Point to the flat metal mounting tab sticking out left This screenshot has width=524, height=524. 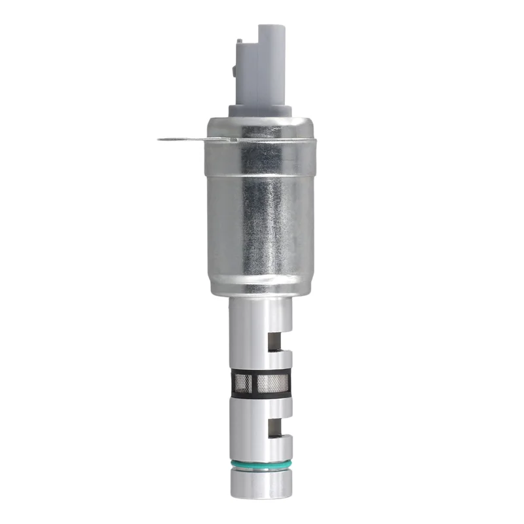(190, 138)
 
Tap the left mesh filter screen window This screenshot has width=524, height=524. (244, 384)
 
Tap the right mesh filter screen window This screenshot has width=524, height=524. (271, 384)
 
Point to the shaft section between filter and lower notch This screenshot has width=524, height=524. (259, 407)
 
